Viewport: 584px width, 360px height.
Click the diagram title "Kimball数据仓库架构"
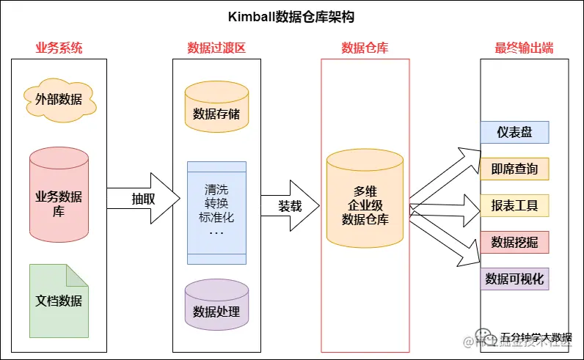(291, 18)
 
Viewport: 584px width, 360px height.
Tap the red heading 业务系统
(59, 48)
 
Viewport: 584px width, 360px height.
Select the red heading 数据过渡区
(216, 48)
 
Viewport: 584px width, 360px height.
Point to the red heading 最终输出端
(524, 48)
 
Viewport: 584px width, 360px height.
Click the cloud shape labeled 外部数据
(59, 99)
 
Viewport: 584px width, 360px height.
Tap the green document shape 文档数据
(59, 301)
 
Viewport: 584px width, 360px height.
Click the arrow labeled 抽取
(144, 199)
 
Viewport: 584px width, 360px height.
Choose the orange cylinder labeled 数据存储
(216, 110)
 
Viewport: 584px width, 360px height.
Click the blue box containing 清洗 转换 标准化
(216, 209)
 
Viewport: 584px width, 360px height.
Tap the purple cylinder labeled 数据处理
(216, 308)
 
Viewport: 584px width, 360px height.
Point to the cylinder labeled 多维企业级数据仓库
(365, 202)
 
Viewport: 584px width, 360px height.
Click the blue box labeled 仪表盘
(514, 133)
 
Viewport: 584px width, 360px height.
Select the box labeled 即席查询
(514, 169)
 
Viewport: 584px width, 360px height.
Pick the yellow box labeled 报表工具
(514, 205)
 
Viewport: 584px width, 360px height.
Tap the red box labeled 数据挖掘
(514, 242)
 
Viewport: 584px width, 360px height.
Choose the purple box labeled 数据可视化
(514, 279)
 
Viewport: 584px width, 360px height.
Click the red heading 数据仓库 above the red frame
(365, 48)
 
